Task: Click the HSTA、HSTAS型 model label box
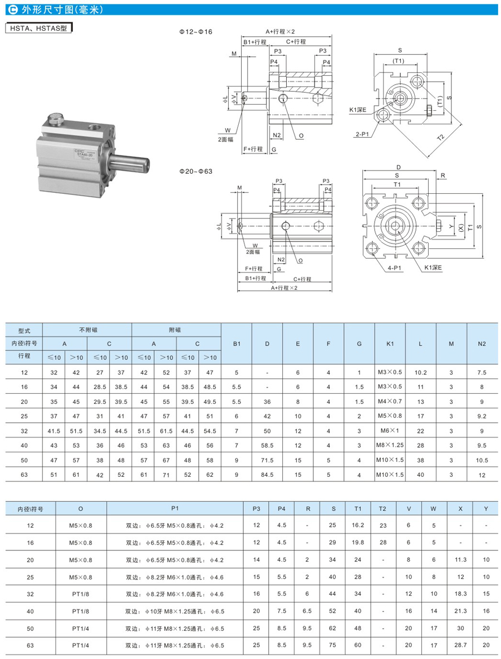(38, 28)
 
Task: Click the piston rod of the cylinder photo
(131, 163)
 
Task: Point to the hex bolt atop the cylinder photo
(56, 119)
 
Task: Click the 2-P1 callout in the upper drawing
(364, 134)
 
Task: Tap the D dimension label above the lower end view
(399, 167)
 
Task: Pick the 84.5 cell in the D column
(267, 475)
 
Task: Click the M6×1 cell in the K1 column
(390, 431)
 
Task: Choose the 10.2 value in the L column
(421, 373)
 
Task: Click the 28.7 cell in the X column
(460, 645)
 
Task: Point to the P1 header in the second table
(175, 508)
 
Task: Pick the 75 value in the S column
(333, 645)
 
